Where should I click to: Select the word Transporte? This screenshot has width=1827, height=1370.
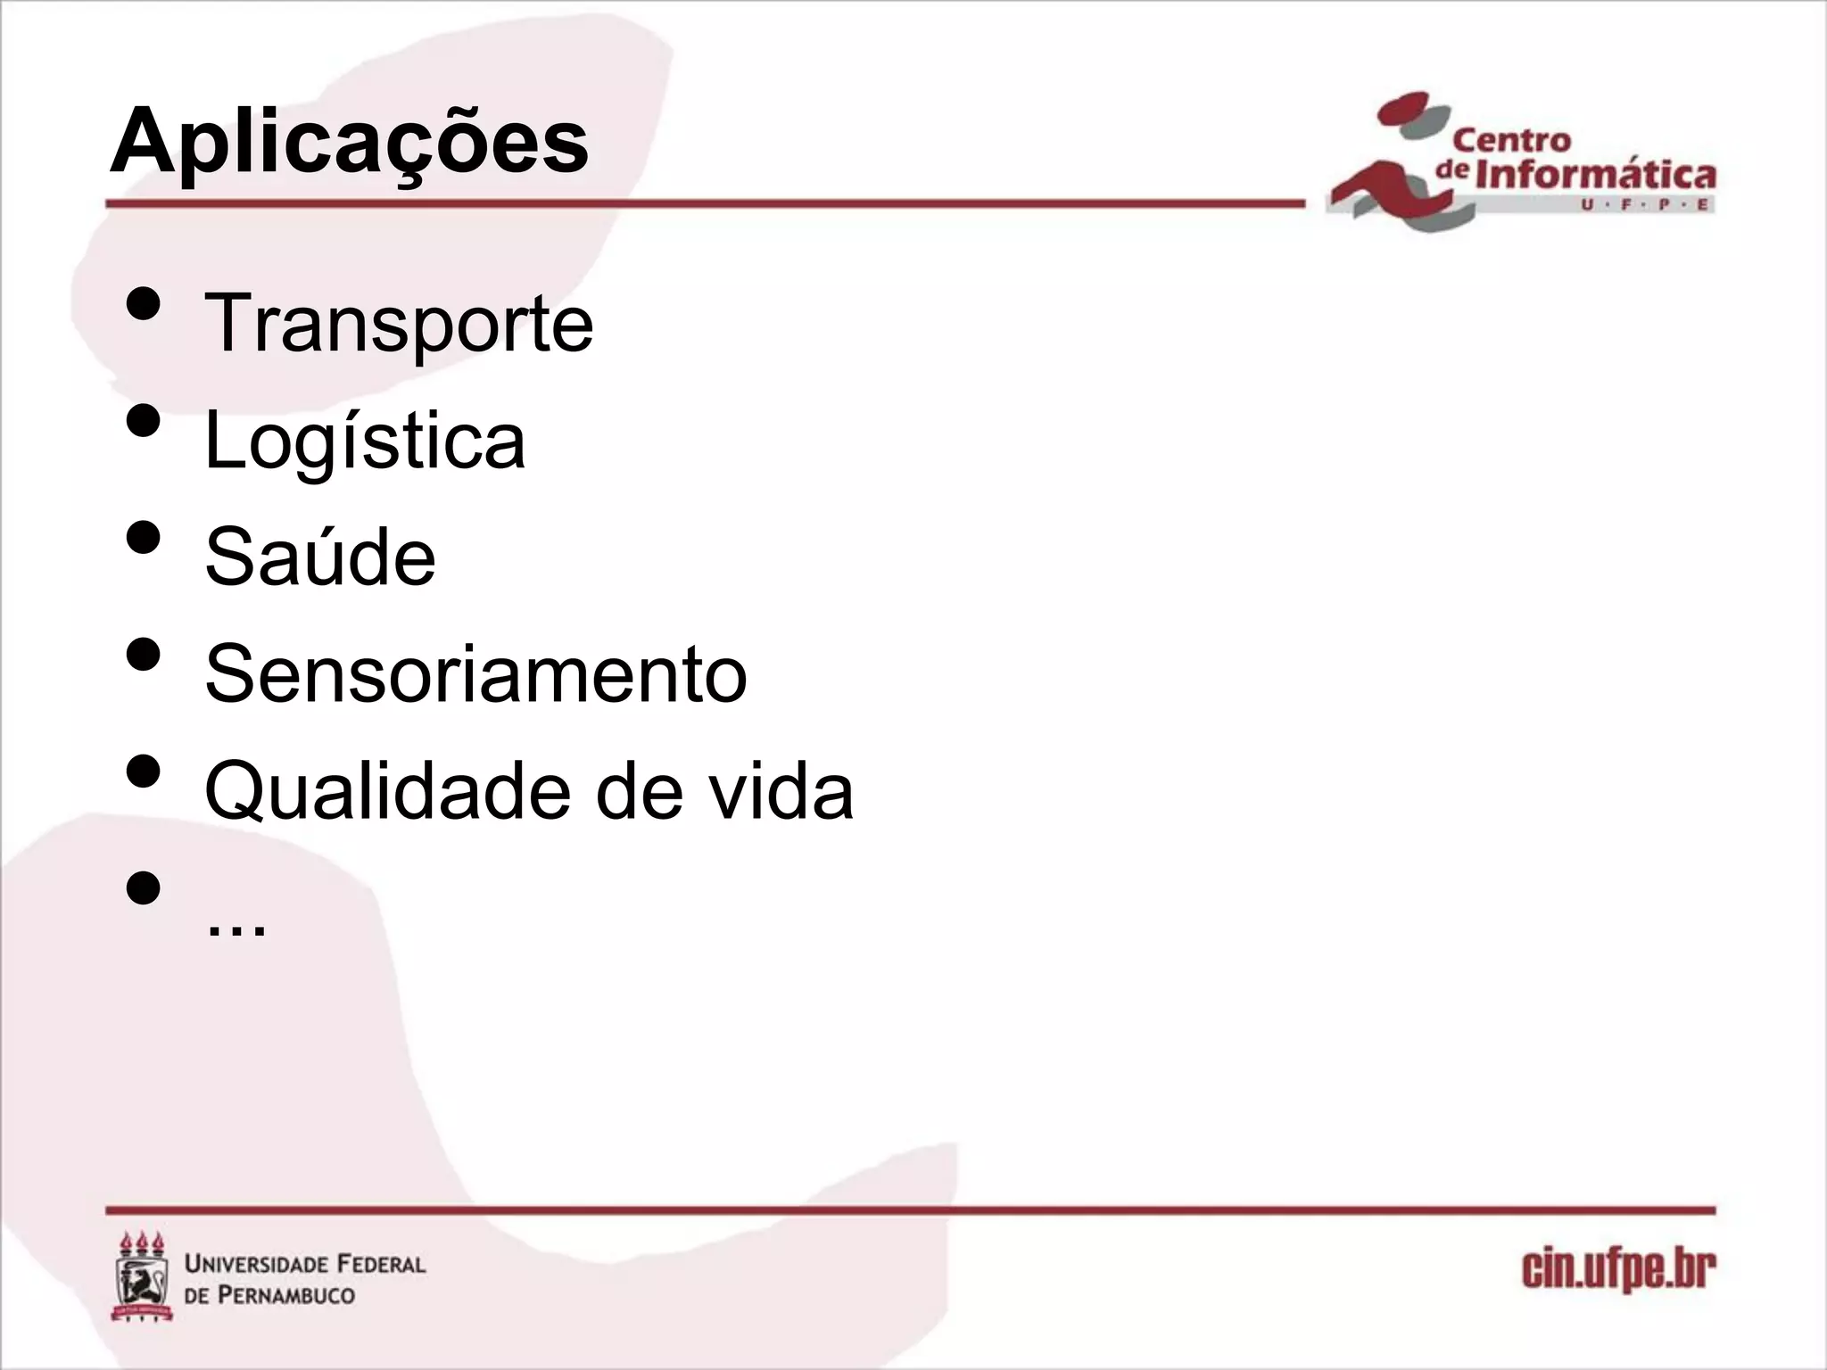point(399,324)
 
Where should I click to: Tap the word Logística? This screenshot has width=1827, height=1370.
point(365,441)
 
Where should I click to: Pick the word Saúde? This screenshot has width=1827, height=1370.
point(320,557)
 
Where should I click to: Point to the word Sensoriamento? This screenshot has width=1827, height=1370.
point(475,674)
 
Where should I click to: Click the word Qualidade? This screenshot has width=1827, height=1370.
point(387,791)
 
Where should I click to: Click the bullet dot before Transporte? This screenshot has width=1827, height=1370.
point(144,303)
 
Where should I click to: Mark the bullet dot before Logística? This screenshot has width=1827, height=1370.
point(144,420)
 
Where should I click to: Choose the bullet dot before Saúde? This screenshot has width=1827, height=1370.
point(144,537)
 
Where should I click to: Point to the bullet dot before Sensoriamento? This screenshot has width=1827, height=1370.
point(144,654)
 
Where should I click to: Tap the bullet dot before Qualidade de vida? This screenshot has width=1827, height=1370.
point(144,771)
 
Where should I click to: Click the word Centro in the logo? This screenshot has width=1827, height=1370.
point(1511,141)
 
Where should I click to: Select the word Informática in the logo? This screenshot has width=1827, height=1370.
point(1595,174)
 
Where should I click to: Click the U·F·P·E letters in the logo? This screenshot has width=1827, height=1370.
point(1645,205)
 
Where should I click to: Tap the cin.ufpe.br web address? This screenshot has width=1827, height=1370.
point(1618,1270)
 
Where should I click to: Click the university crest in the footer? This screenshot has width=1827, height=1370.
point(142,1276)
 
